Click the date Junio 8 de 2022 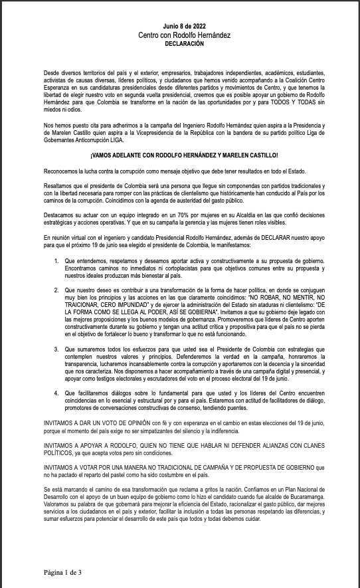180,25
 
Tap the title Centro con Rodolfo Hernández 180,34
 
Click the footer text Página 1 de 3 63,571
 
